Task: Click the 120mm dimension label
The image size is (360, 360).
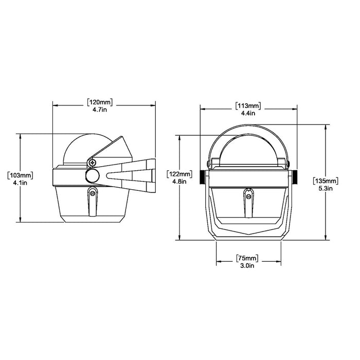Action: [100, 101]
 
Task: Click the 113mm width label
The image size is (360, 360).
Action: [248, 105]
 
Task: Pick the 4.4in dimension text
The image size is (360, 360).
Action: [248, 113]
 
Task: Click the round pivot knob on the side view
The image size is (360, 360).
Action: [93, 176]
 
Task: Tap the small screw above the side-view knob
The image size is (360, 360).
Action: [92, 163]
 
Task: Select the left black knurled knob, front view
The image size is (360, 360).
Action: [202, 177]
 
